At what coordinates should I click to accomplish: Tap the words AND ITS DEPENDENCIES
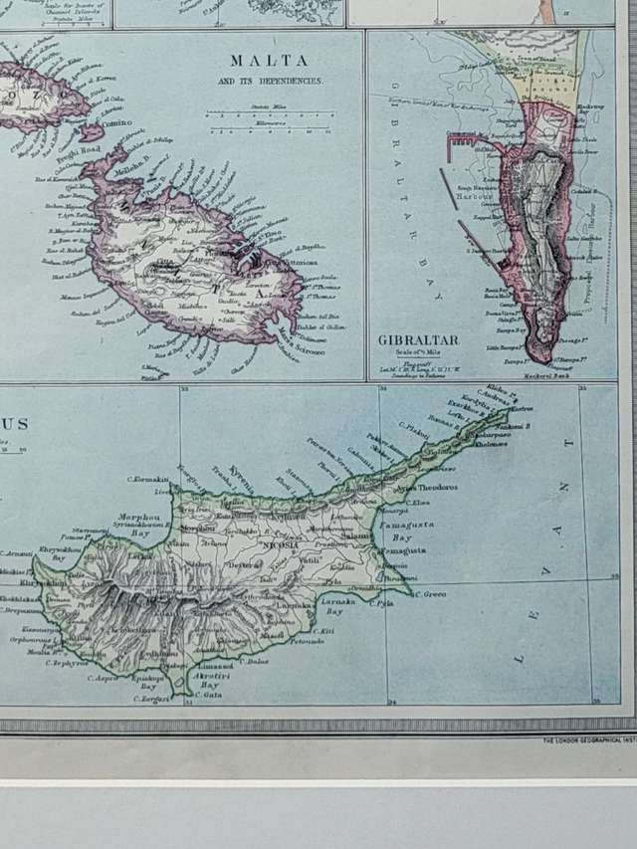269,81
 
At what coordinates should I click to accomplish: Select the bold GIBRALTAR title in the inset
418,340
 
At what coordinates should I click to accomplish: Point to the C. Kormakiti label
147,482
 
